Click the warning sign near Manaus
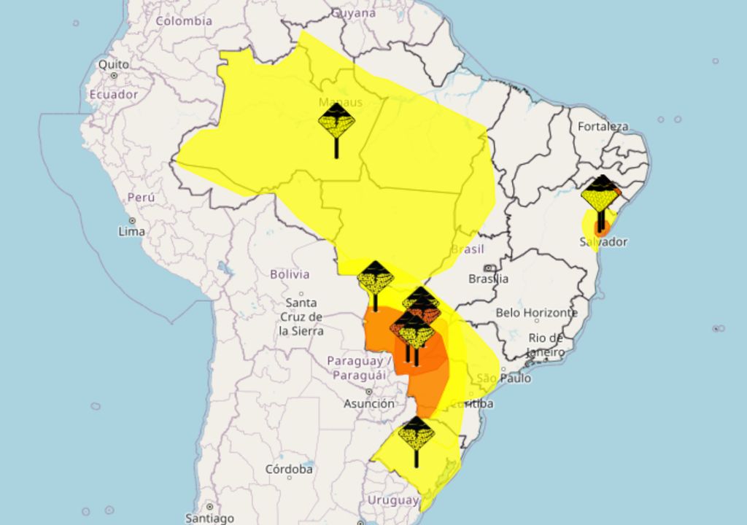pyautogui.click(x=336, y=122)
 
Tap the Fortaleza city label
pyautogui.click(x=603, y=127)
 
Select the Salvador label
pyautogui.click(x=604, y=242)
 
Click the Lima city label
pyautogui.click(x=131, y=231)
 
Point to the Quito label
pyautogui.click(x=114, y=65)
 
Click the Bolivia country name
pyautogui.click(x=290, y=275)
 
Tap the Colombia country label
pyautogui.click(x=184, y=21)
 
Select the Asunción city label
pyautogui.click(x=368, y=403)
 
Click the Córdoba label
pyautogui.click(x=289, y=469)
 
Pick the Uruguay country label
pyautogui.click(x=392, y=500)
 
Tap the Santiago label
pyautogui.click(x=209, y=518)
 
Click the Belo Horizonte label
pyautogui.click(x=536, y=313)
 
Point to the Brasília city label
pyautogui.click(x=489, y=279)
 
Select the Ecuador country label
pyautogui.click(x=113, y=95)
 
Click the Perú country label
pyautogui.click(x=141, y=198)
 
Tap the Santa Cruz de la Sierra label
pyautogui.click(x=301, y=316)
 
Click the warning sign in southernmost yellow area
pyautogui.click(x=417, y=435)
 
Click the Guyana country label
pyautogui.click(x=353, y=13)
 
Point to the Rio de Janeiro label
pyautogui.click(x=546, y=345)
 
